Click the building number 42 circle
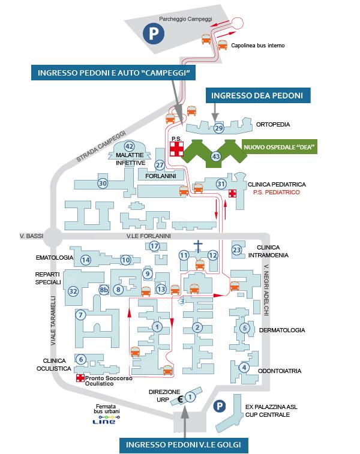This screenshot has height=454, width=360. (129, 146)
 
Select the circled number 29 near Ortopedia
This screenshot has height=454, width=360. (219, 128)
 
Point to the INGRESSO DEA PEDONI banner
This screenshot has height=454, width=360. (258, 95)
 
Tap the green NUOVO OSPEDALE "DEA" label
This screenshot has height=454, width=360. (279, 147)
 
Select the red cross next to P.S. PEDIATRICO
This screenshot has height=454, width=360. (232, 193)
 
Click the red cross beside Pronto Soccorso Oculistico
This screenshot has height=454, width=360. (80, 378)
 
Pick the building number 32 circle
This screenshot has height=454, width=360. (73, 291)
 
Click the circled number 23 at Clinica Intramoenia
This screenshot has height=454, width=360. (237, 250)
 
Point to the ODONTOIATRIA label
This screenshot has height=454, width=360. (280, 371)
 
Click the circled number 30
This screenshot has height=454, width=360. (103, 184)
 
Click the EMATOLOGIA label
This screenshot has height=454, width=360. (54, 258)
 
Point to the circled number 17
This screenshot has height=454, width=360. (154, 246)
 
